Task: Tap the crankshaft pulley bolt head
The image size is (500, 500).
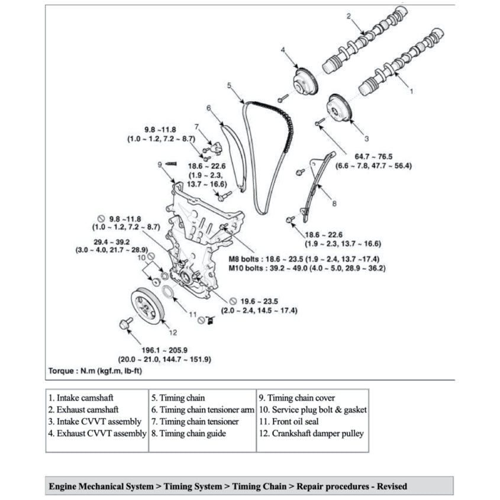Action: pos(125,322)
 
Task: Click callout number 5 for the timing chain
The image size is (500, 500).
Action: pos(230,85)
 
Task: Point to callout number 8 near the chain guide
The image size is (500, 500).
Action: pos(334,203)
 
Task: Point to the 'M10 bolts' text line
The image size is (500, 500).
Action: pos(307,268)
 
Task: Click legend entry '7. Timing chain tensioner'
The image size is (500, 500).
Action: pos(195,421)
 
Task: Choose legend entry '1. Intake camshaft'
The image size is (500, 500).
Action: pos(81,398)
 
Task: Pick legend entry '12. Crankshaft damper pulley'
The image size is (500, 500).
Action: pos(311,433)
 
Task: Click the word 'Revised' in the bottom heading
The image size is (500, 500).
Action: pos(390,486)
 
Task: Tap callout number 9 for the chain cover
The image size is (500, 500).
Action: pos(160,164)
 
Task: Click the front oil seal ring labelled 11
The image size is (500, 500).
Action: pos(169,292)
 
